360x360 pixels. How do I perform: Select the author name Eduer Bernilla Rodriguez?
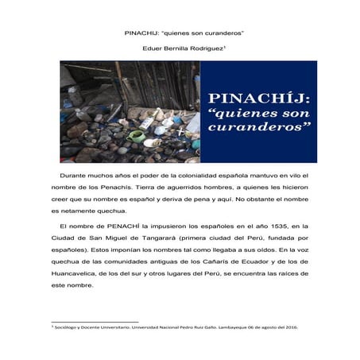pyautogui.click(x=180, y=50)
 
